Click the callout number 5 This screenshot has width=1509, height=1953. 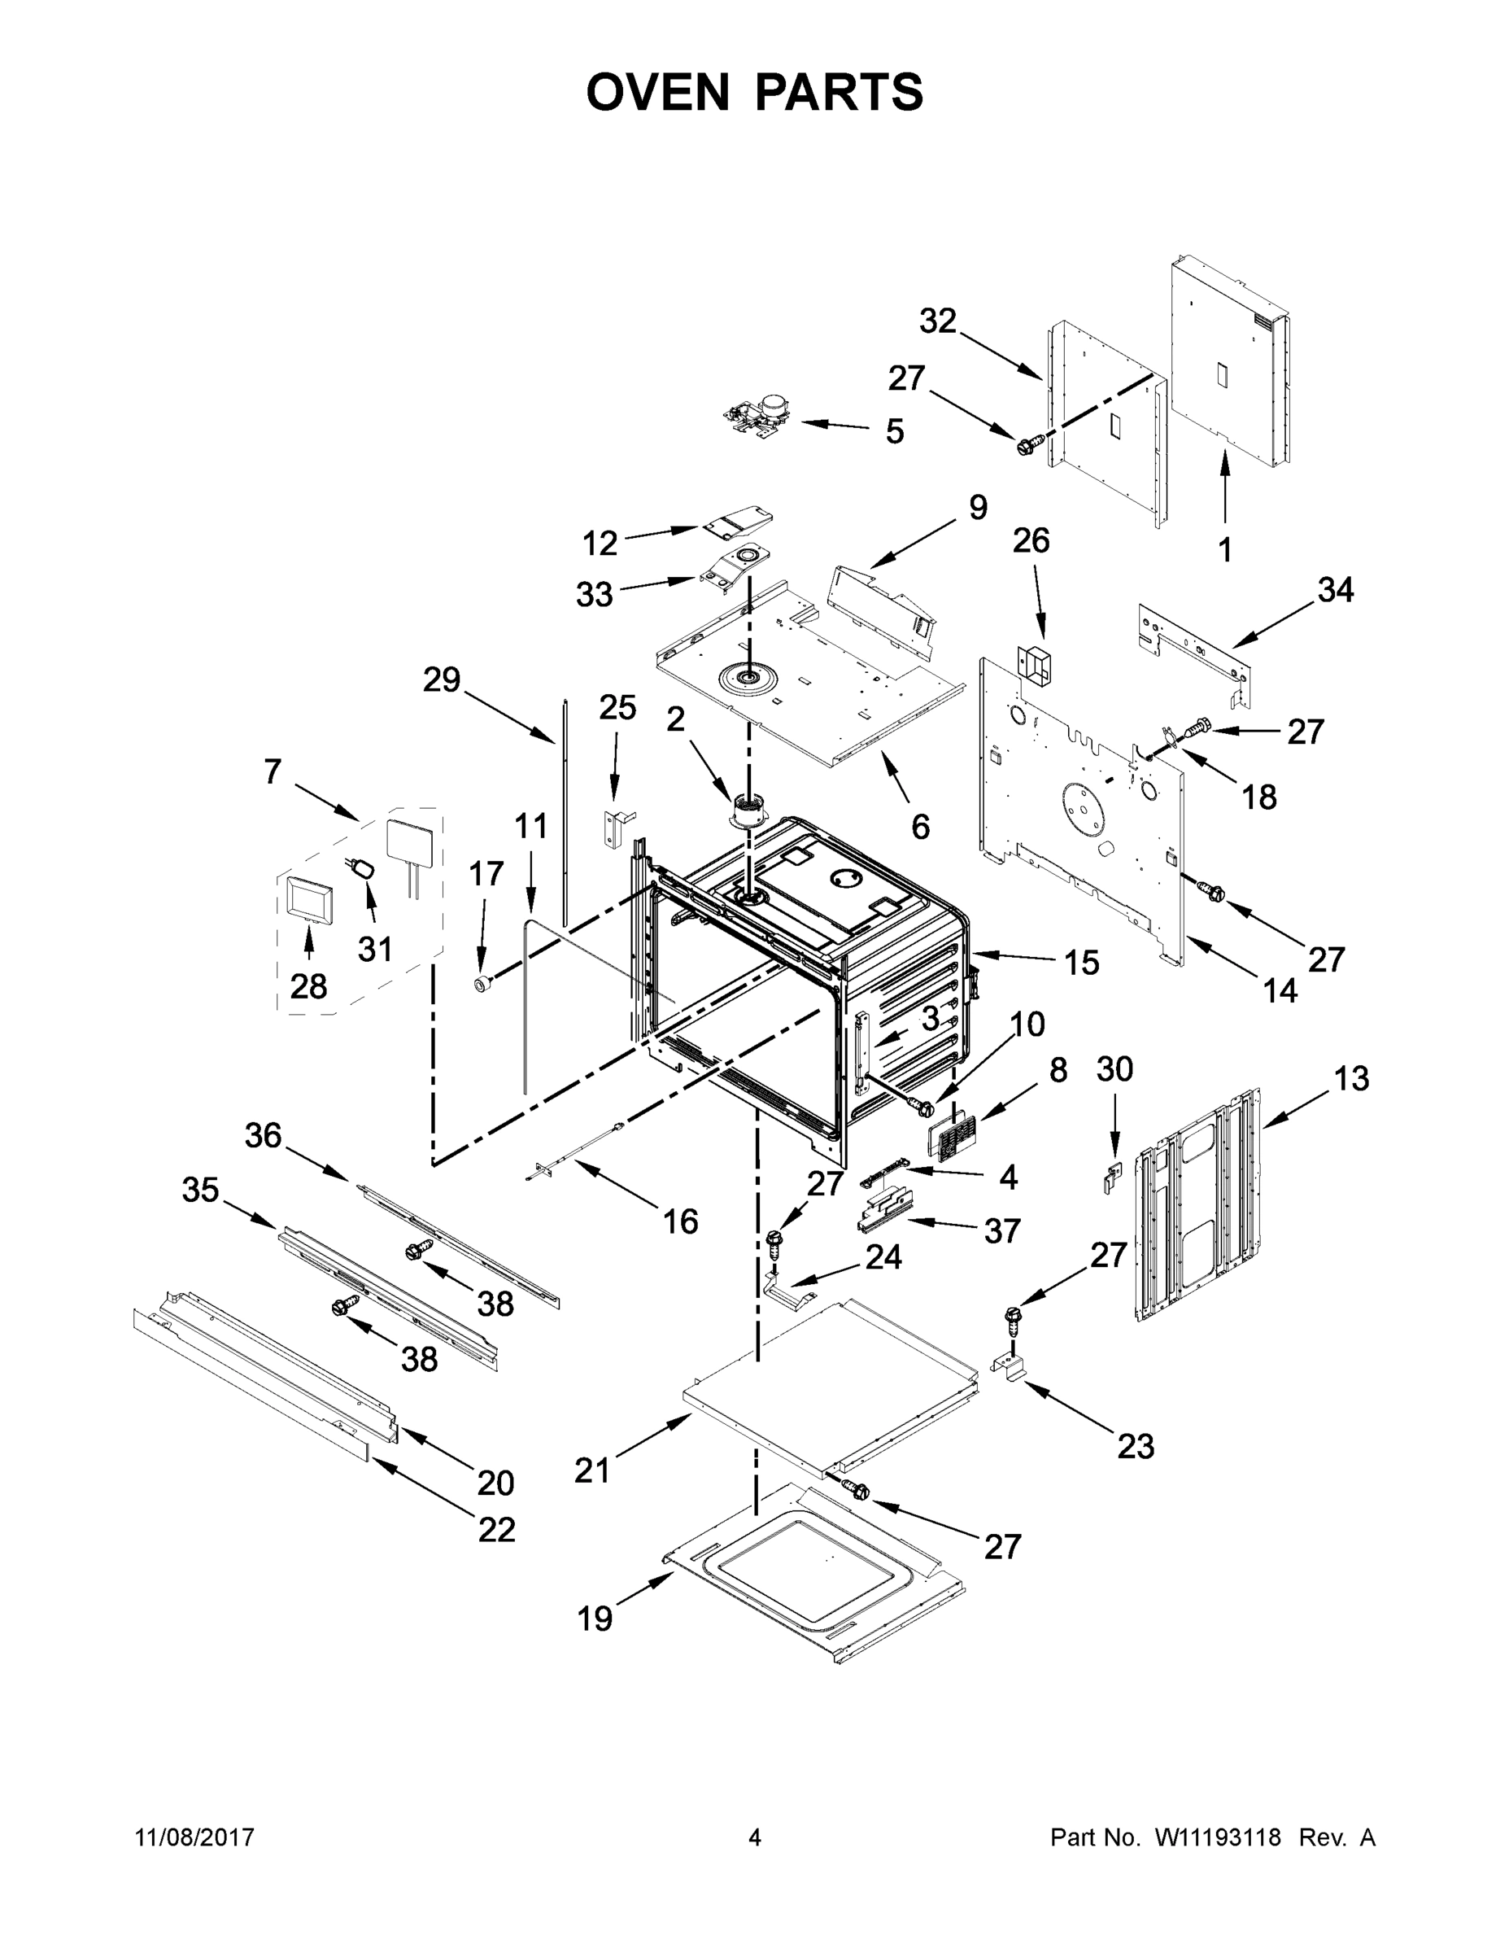[x=894, y=431]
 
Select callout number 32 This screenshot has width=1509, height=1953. [x=938, y=321]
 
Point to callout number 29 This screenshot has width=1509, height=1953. [x=441, y=679]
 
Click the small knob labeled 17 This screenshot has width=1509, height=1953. [x=484, y=985]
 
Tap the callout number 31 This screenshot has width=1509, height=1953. [x=376, y=949]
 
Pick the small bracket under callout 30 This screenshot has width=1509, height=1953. [x=1111, y=1177]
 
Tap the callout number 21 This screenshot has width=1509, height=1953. [x=591, y=1469]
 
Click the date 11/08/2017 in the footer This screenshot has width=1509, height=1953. [x=195, y=1837]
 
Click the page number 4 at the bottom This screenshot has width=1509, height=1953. [x=755, y=1837]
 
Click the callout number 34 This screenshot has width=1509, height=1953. [x=1336, y=590]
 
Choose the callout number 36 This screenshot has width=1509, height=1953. [x=263, y=1136]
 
